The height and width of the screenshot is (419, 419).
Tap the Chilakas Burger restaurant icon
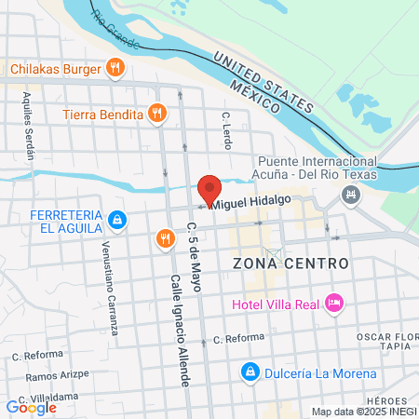[115, 67]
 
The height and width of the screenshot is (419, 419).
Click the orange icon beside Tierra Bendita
[157, 115]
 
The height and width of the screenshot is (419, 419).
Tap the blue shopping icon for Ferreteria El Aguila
[116, 221]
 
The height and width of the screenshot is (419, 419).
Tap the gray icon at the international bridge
[351, 195]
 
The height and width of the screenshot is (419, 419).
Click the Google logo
[31, 407]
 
